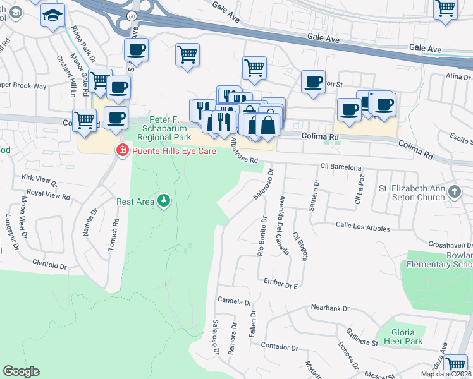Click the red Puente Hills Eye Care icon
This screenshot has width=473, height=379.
click(x=121, y=150)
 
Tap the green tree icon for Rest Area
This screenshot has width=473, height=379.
click(x=164, y=201)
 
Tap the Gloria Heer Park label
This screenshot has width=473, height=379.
click(x=398, y=337)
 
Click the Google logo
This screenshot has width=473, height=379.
click(x=21, y=371)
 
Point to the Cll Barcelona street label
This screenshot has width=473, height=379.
click(x=341, y=167)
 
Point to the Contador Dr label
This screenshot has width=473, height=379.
click(x=279, y=347)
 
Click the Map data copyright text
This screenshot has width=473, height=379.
click(x=446, y=374)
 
